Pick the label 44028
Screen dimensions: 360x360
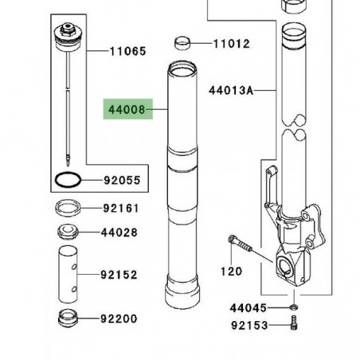[x=120, y=233]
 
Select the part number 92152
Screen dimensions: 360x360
[x=120, y=276]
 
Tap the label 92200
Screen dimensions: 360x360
[x=120, y=319]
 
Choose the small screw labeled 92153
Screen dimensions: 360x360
[x=294, y=325]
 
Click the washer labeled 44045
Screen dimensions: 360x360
[x=294, y=307]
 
